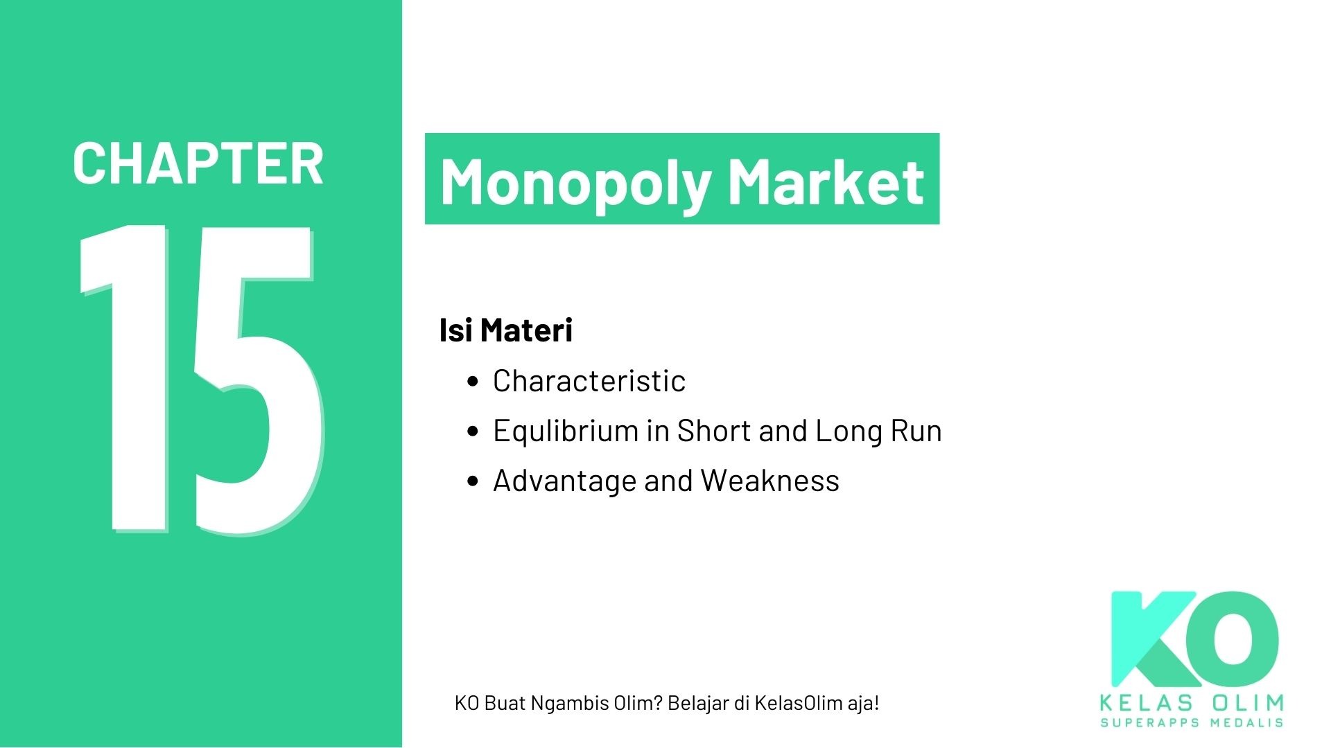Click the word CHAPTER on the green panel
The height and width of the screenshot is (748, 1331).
pos(198,164)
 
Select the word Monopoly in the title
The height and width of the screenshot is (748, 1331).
pos(575,181)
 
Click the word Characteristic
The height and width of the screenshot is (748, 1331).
pos(589,381)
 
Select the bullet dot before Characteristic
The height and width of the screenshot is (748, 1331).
pos(473,382)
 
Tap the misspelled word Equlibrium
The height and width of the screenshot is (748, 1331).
pos(564,431)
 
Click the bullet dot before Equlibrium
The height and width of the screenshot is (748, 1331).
pos(473,431)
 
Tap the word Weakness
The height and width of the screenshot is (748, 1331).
pos(769,481)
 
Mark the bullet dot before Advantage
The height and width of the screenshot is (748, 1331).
pos(473,481)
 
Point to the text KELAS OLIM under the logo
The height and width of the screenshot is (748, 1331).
pos(1192,704)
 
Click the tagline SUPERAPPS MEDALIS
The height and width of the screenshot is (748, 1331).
pos(1192,723)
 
